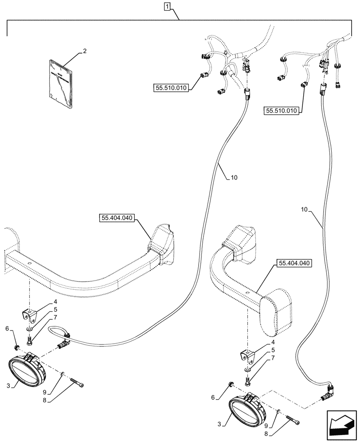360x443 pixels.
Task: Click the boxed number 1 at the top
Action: [167, 6]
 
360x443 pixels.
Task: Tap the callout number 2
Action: [85, 51]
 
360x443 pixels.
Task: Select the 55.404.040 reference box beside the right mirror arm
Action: [294, 264]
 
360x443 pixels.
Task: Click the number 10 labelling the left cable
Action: [234, 178]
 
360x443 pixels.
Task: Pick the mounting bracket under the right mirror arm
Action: [247, 356]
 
